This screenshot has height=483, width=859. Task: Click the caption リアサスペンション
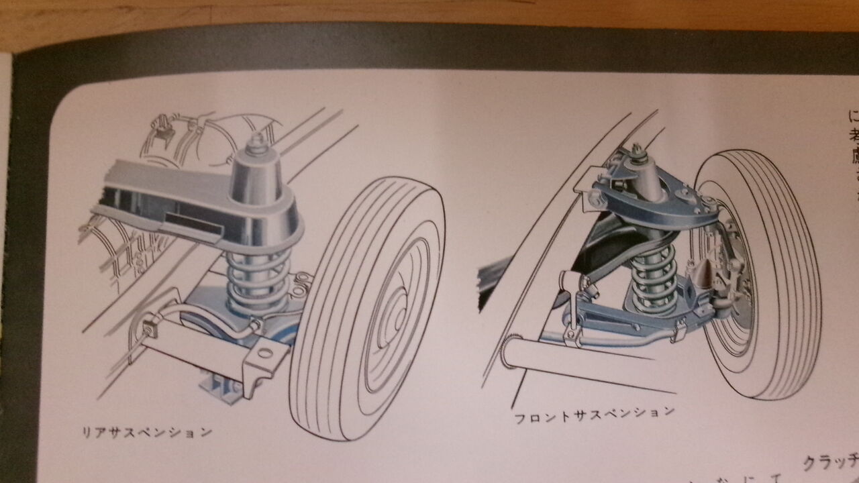click(144, 430)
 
